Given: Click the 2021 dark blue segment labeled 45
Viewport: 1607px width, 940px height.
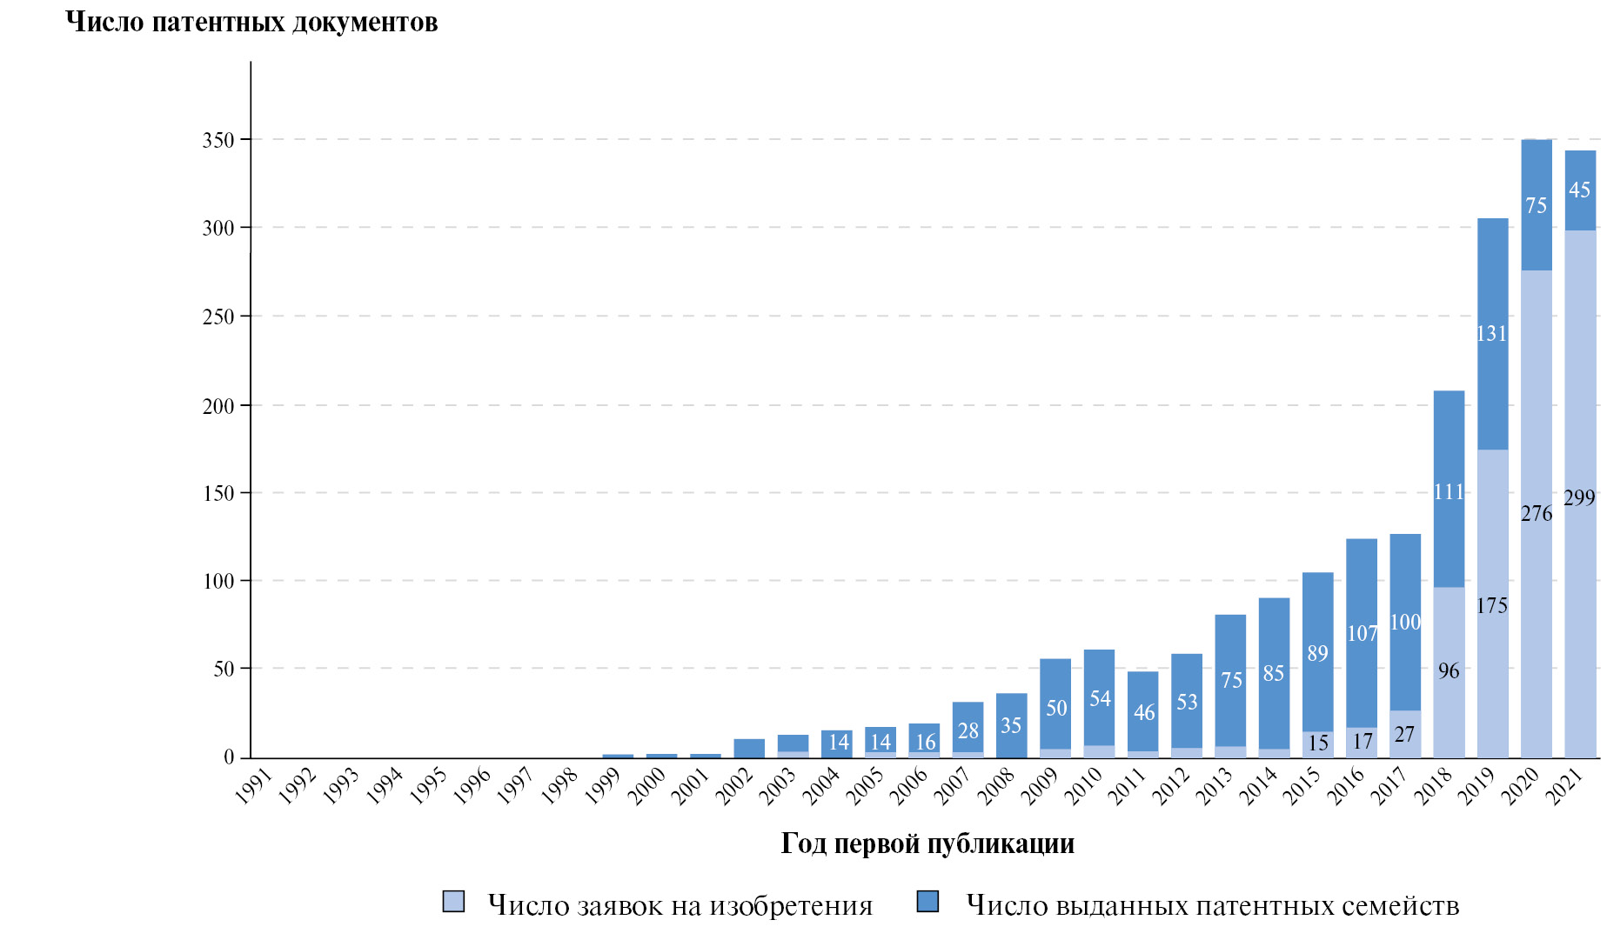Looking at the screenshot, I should [1580, 190].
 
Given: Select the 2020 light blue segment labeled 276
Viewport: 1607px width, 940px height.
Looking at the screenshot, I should [1537, 513].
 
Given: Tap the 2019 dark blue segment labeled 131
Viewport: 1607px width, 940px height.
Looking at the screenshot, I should [1492, 334].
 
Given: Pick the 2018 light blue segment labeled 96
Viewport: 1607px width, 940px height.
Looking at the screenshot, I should [1449, 671].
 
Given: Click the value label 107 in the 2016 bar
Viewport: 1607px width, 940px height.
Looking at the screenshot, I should [1362, 634].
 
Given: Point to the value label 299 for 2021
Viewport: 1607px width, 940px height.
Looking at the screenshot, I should [1579, 497].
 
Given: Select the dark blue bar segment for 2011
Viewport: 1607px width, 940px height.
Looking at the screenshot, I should [1142, 711].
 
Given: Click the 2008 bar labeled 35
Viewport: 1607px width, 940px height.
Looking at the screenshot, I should [1011, 725].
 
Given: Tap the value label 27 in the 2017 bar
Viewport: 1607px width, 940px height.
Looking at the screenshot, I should [1404, 734].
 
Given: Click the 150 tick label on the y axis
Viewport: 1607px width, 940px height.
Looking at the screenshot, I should [218, 493].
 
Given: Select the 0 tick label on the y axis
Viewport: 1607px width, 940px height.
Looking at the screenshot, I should [229, 757].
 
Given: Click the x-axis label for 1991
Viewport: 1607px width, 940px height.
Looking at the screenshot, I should [255, 786].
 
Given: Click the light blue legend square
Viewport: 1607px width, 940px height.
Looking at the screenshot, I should [453, 902].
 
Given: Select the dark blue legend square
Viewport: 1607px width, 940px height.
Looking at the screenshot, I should [928, 902].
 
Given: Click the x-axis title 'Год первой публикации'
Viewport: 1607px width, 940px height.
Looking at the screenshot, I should [927, 843].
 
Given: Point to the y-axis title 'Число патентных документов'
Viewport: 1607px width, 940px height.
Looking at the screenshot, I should [251, 22].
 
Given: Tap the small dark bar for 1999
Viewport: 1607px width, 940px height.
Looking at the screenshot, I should [618, 756].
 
